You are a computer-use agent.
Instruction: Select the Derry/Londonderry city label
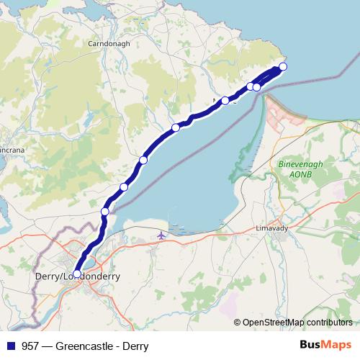point(78,276)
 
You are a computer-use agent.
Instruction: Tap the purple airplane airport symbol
point(161,235)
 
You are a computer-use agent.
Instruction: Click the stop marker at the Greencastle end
point(283,66)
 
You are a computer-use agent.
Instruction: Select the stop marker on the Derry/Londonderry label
point(76,274)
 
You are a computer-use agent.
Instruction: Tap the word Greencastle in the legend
point(85,346)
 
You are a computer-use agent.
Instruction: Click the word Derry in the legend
point(134,346)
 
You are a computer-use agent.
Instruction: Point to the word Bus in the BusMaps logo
point(310,346)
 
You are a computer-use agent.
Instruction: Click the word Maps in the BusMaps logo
point(336,346)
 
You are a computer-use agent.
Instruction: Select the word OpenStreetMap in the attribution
point(273,323)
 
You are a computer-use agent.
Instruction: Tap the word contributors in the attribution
point(328,323)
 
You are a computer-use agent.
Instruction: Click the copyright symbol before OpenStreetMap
point(238,323)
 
